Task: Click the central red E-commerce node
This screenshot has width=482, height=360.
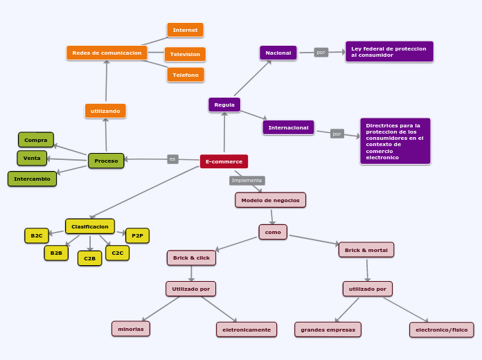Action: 224,161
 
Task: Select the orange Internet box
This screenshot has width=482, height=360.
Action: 185,30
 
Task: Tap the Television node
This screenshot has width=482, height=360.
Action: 185,54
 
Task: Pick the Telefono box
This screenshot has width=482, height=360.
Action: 186,75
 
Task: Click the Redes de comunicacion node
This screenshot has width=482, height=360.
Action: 107,53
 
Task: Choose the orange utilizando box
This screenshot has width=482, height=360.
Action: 105,111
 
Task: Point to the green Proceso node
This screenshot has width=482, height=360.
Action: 106,161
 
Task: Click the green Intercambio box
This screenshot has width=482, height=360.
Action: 32,179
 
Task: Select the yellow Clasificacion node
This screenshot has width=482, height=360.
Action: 90,226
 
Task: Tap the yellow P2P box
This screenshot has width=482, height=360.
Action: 137,235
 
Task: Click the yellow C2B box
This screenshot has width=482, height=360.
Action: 89,258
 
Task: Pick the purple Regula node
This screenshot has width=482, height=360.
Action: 224,105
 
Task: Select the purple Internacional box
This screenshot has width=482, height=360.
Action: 288,127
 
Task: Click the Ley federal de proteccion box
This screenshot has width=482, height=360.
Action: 389,52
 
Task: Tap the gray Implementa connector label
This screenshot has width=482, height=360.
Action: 247,180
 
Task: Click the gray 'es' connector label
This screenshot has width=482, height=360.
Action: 172,159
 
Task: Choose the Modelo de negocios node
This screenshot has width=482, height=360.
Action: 270,200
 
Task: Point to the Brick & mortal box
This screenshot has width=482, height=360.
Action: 366,250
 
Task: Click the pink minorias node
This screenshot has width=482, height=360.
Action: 131,329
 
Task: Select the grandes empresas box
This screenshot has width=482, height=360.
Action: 328,330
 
